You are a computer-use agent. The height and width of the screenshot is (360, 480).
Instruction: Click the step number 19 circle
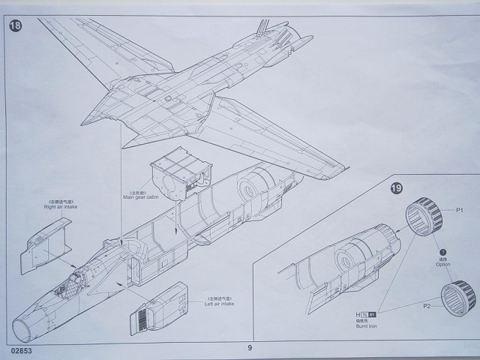(x=395, y=188)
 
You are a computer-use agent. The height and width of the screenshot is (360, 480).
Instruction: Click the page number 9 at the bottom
(x=250, y=347)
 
